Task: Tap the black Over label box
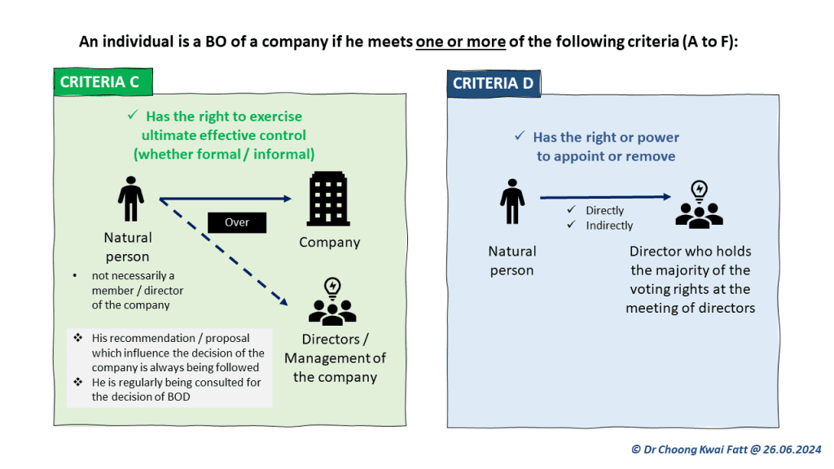pos(236,222)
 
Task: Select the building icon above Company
pos(328,199)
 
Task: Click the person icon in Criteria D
pos(512,201)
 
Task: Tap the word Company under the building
pos(329,242)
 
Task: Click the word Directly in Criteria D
pos(604,210)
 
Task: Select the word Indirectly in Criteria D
pos(609,226)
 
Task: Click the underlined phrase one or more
pos(461,42)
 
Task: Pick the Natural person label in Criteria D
pos(512,261)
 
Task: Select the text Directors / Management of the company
pos(335,358)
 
